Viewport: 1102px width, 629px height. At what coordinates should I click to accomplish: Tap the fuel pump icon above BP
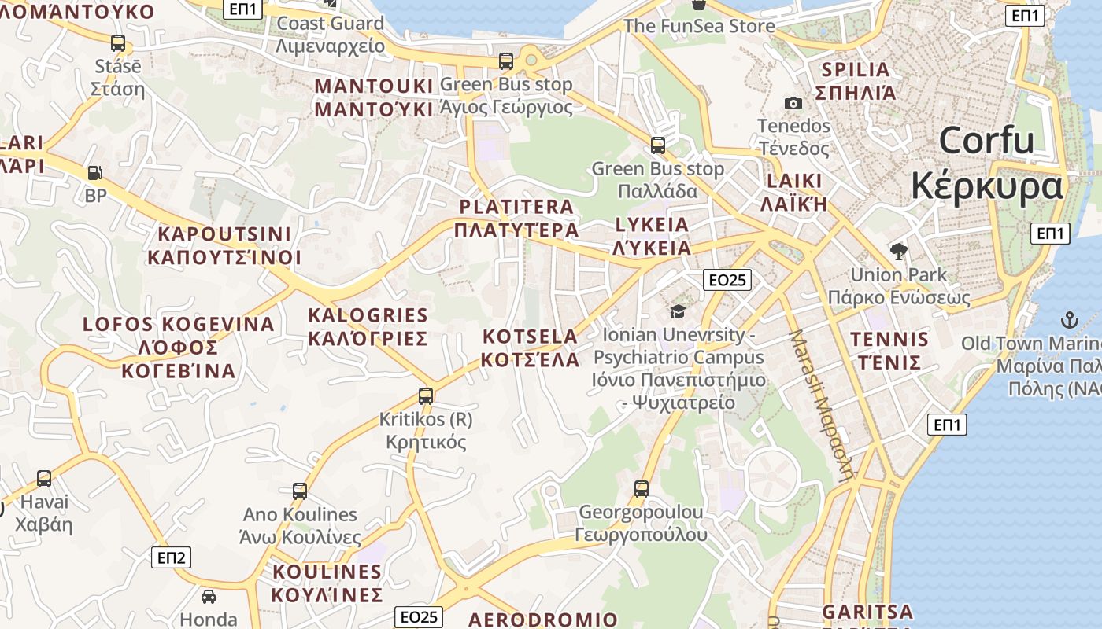point(94,172)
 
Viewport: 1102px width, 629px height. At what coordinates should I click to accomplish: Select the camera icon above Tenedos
point(793,103)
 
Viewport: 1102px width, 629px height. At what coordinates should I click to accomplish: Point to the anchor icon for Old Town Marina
point(1069,319)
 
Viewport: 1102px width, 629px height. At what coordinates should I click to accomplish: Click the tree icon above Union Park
point(898,252)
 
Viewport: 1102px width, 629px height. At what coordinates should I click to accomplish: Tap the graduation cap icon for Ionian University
point(678,312)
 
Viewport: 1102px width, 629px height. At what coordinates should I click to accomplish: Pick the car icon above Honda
point(209,597)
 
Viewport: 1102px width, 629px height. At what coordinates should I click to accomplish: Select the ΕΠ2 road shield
point(171,557)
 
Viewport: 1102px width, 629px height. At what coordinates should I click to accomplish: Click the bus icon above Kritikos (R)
point(426,396)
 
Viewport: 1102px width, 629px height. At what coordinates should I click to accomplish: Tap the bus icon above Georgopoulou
point(642,489)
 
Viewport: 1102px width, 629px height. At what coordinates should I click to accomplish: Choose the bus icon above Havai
point(44,478)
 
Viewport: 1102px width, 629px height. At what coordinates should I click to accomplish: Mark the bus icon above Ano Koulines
point(300,491)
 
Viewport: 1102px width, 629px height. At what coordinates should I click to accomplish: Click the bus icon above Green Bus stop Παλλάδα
point(657,145)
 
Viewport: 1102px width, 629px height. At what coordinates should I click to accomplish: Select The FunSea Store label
point(699,26)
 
